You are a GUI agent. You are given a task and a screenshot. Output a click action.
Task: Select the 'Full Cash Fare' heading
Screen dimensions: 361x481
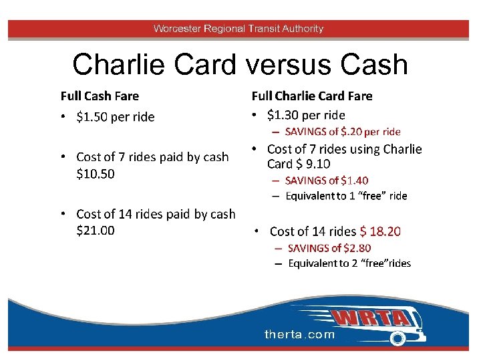(100, 96)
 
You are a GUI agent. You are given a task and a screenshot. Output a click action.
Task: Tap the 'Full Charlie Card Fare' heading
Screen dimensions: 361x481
(311, 96)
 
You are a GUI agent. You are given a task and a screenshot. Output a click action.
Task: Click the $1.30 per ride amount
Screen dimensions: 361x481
(281, 115)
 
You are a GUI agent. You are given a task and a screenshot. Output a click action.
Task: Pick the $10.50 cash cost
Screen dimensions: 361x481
(96, 174)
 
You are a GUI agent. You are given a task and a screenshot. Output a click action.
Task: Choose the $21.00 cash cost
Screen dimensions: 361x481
(96, 231)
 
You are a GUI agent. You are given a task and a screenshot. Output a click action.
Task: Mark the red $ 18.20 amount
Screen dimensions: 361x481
(380, 232)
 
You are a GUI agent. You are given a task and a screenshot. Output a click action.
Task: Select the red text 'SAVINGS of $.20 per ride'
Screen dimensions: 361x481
(343, 132)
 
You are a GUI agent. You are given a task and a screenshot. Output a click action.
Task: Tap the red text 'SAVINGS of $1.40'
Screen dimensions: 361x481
(327, 180)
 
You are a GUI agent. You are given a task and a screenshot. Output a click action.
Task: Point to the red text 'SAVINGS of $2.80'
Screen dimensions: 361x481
(329, 248)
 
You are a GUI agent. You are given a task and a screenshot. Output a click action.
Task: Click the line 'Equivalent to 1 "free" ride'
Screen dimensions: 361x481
(346, 196)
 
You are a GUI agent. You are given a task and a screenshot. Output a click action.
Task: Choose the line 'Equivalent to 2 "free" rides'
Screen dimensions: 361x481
(349, 263)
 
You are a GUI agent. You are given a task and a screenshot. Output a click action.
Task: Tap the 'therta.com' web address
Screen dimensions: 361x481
(299, 334)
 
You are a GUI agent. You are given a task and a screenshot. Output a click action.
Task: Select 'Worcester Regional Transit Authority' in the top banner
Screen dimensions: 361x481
(238, 29)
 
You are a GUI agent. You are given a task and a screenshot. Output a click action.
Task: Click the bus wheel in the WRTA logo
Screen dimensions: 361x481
(397, 339)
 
